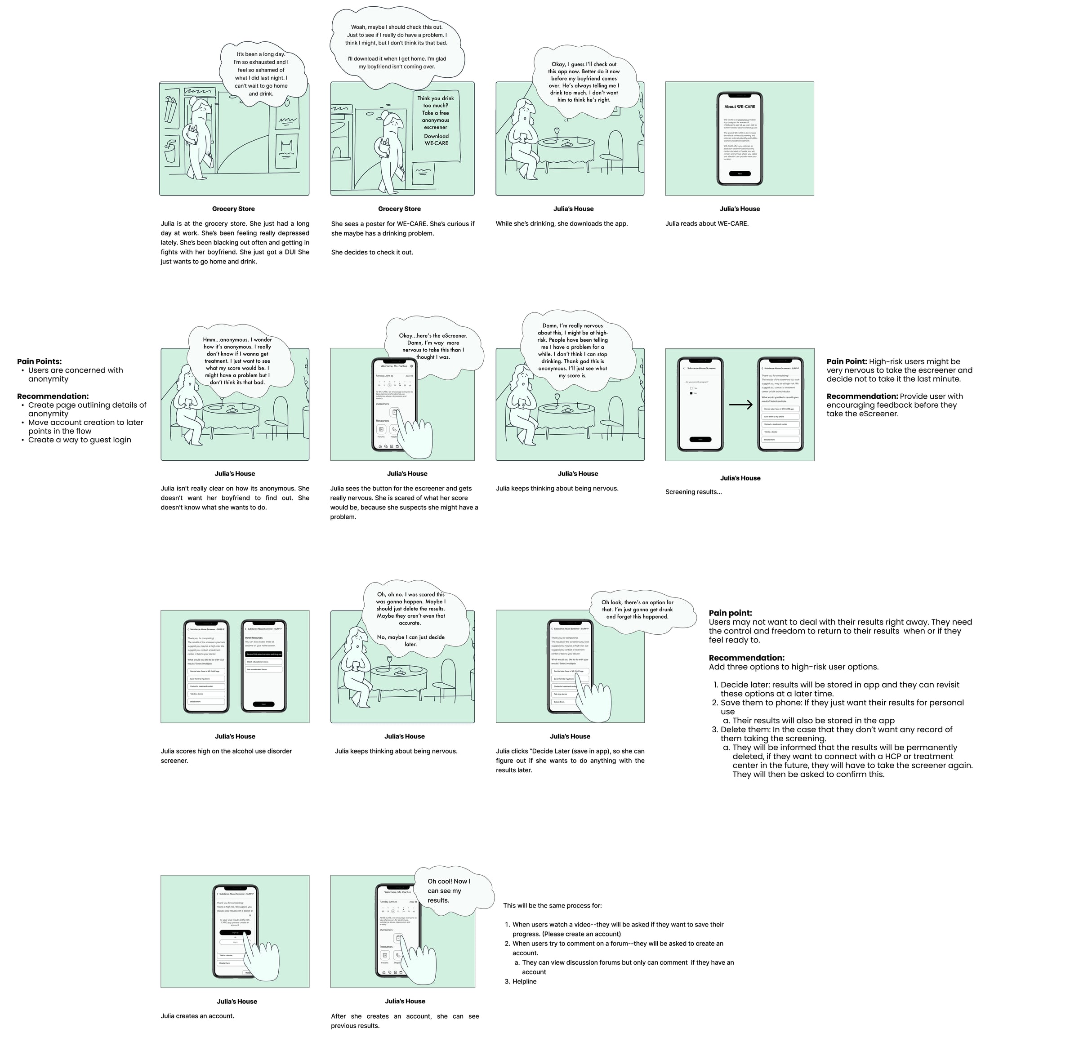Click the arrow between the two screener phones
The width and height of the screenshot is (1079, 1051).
pyautogui.click(x=740, y=405)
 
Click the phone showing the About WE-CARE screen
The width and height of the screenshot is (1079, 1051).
pyautogui.click(x=739, y=138)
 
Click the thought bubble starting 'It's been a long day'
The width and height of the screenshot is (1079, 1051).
pyautogui.click(x=261, y=74)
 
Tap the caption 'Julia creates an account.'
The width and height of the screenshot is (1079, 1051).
pyautogui.click(x=197, y=1015)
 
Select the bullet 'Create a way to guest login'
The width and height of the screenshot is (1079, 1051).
pyautogui.click(x=80, y=440)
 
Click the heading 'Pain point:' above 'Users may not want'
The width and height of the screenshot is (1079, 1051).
pyautogui.click(x=730, y=613)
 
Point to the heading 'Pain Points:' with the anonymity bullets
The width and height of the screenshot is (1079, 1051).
pyautogui.click(x=39, y=361)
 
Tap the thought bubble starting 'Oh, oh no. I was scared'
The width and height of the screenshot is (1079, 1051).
pyautogui.click(x=410, y=619)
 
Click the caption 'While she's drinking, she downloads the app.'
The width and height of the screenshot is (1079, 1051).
pyautogui.click(x=561, y=223)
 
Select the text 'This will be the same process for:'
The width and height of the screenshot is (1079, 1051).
pyautogui.click(x=552, y=906)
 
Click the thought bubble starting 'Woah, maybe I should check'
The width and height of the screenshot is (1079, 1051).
pyautogui.click(x=396, y=46)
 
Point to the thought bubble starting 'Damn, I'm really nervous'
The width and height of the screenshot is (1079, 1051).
pyautogui.click(x=572, y=351)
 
